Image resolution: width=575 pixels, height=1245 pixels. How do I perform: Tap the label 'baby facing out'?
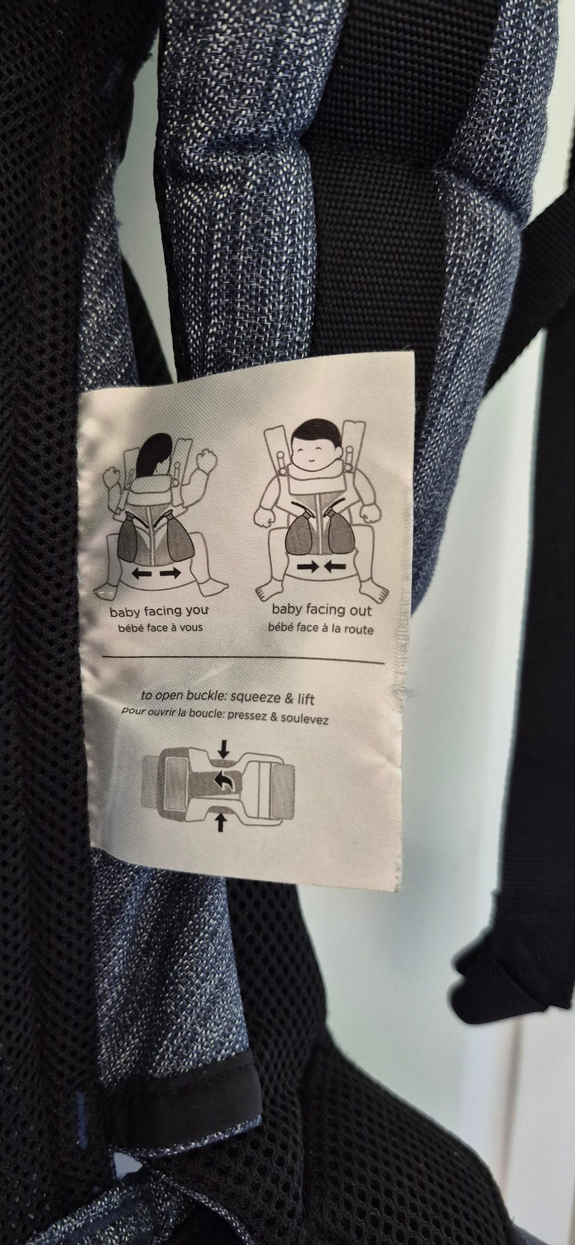click(322, 610)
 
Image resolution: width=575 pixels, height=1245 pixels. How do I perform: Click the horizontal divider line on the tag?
click(243, 660)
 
